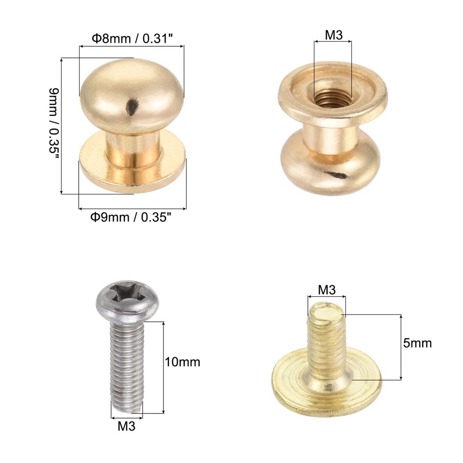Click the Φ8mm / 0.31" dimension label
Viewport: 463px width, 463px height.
coord(132,39)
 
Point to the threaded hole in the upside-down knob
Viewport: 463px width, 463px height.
coord(332,98)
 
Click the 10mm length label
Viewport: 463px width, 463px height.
coord(182,362)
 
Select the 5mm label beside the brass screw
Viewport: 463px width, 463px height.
coord(417,343)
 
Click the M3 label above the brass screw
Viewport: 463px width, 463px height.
coord(326,290)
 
